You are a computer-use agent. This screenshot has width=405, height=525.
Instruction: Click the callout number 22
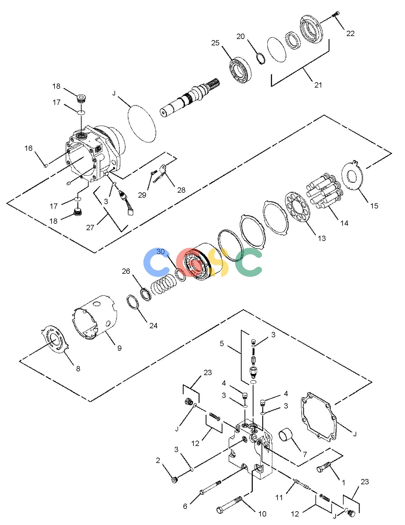point(350,33)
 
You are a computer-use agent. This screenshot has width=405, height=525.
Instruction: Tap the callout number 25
point(215,43)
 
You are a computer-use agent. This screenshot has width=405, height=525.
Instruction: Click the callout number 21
point(318,85)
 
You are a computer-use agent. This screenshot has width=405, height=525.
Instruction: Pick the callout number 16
point(28,148)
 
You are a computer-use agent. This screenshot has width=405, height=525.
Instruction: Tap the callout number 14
point(344,223)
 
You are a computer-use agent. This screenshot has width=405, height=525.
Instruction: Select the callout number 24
point(153,326)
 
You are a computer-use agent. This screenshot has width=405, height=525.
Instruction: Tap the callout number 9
point(119,348)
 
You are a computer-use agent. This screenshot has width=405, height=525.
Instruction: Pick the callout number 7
point(305,454)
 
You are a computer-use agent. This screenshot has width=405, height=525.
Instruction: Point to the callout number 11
point(279,497)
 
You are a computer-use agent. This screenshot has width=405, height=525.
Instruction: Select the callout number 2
point(158,461)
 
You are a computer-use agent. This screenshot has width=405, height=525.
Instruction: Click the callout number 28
point(181,190)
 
